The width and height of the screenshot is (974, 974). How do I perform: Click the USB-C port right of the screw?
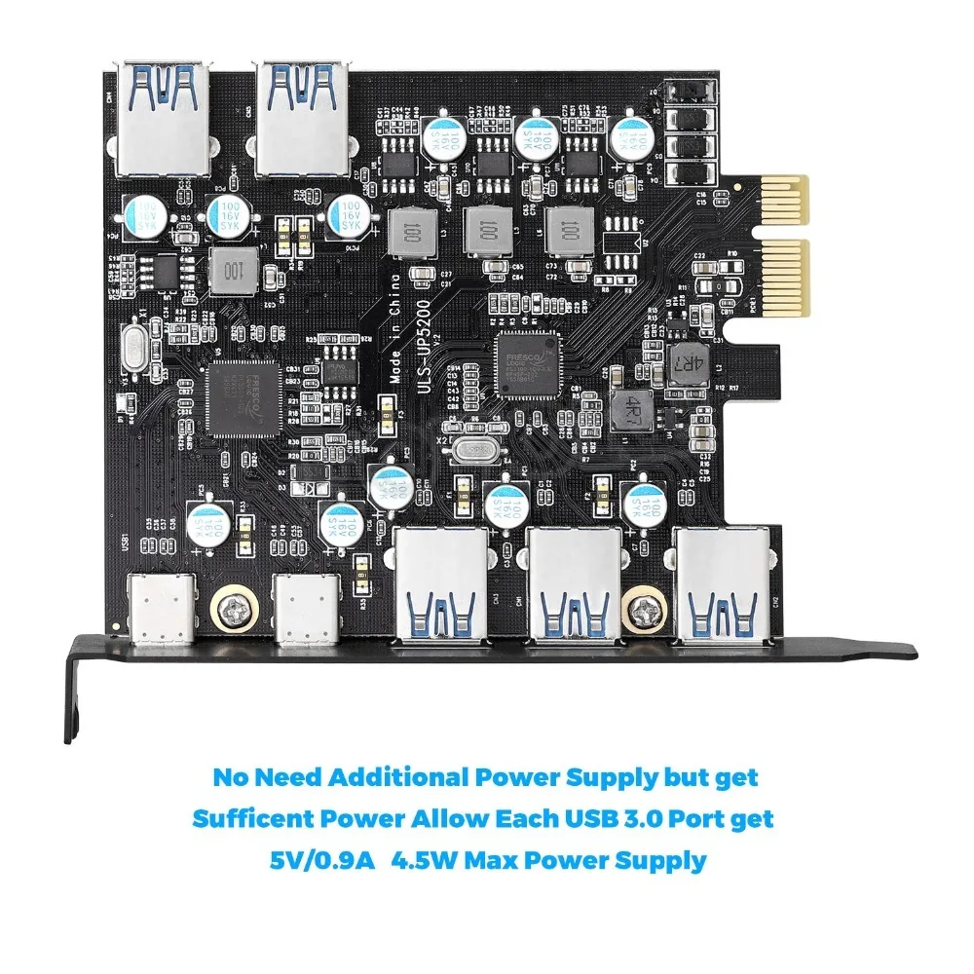click(x=305, y=610)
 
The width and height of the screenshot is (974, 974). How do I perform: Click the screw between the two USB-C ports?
click(x=233, y=609)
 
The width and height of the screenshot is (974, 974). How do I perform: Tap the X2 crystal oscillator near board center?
click(x=474, y=452)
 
